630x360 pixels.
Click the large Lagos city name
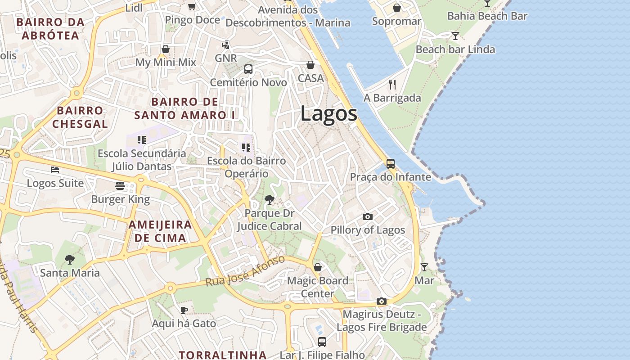tap(328, 113)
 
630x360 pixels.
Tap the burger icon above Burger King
tap(120, 185)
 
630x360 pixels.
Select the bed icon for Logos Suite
tap(55, 170)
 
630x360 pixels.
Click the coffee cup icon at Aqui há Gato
tap(184, 310)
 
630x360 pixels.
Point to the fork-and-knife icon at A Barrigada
tap(392, 84)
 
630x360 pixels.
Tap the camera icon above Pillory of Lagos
tap(367, 216)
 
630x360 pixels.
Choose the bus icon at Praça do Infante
tap(391, 163)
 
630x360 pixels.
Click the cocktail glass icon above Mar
tap(424, 267)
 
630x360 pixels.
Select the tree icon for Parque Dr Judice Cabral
tap(269, 199)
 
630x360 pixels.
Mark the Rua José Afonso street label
tap(245, 271)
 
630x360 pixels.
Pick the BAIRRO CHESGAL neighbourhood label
tap(80, 117)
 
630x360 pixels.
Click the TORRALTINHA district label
tap(223, 355)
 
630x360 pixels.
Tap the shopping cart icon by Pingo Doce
tap(192, 6)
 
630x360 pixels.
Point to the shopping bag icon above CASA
tap(310, 65)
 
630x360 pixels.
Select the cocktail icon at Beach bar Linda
tap(455, 36)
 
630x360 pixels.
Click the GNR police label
tap(225, 58)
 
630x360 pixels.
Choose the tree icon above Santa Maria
tap(69, 259)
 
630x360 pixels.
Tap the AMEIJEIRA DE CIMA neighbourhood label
tap(160, 231)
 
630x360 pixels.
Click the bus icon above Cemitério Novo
tap(248, 69)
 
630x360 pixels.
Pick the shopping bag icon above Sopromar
tap(397, 8)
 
